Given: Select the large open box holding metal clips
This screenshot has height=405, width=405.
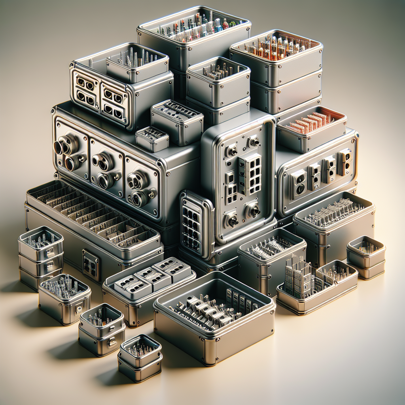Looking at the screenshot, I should point(214,312).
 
